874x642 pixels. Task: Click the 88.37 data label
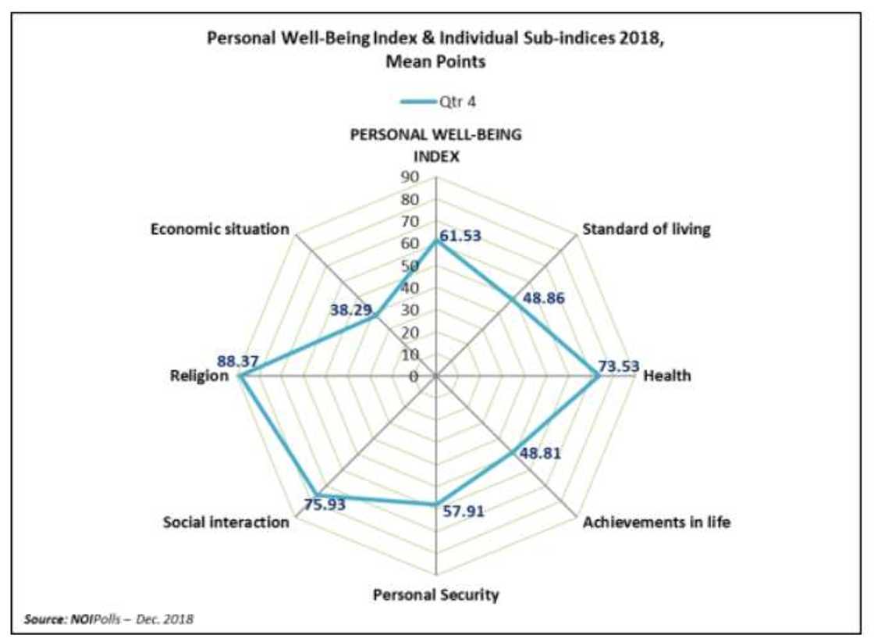[x=238, y=362]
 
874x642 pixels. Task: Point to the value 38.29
[x=351, y=310]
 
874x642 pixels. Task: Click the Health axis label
[x=666, y=376]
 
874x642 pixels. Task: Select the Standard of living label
[x=647, y=230]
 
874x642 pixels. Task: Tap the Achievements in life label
[x=657, y=523]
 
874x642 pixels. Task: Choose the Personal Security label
[x=435, y=595]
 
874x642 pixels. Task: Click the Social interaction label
[x=226, y=523]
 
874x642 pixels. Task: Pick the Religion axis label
[x=199, y=376]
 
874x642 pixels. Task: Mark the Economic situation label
[x=220, y=230]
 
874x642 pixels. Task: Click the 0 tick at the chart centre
[x=414, y=377]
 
